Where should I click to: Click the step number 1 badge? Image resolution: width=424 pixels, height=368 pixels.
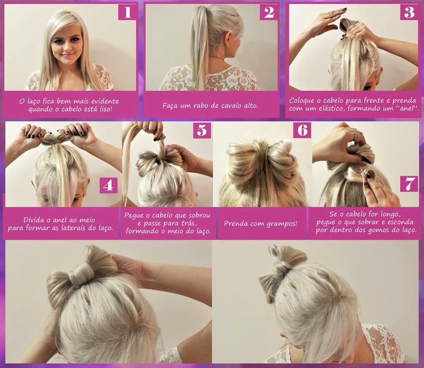point(127,12)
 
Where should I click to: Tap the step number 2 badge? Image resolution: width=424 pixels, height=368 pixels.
point(269,12)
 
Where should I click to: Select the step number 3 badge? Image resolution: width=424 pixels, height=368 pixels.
point(409,12)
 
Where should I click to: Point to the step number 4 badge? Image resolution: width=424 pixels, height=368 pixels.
point(109,185)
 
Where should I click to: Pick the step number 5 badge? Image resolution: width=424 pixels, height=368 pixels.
point(202,130)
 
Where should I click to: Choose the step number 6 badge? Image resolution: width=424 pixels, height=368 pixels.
point(302,130)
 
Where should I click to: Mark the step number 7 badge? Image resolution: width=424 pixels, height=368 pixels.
point(409,184)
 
